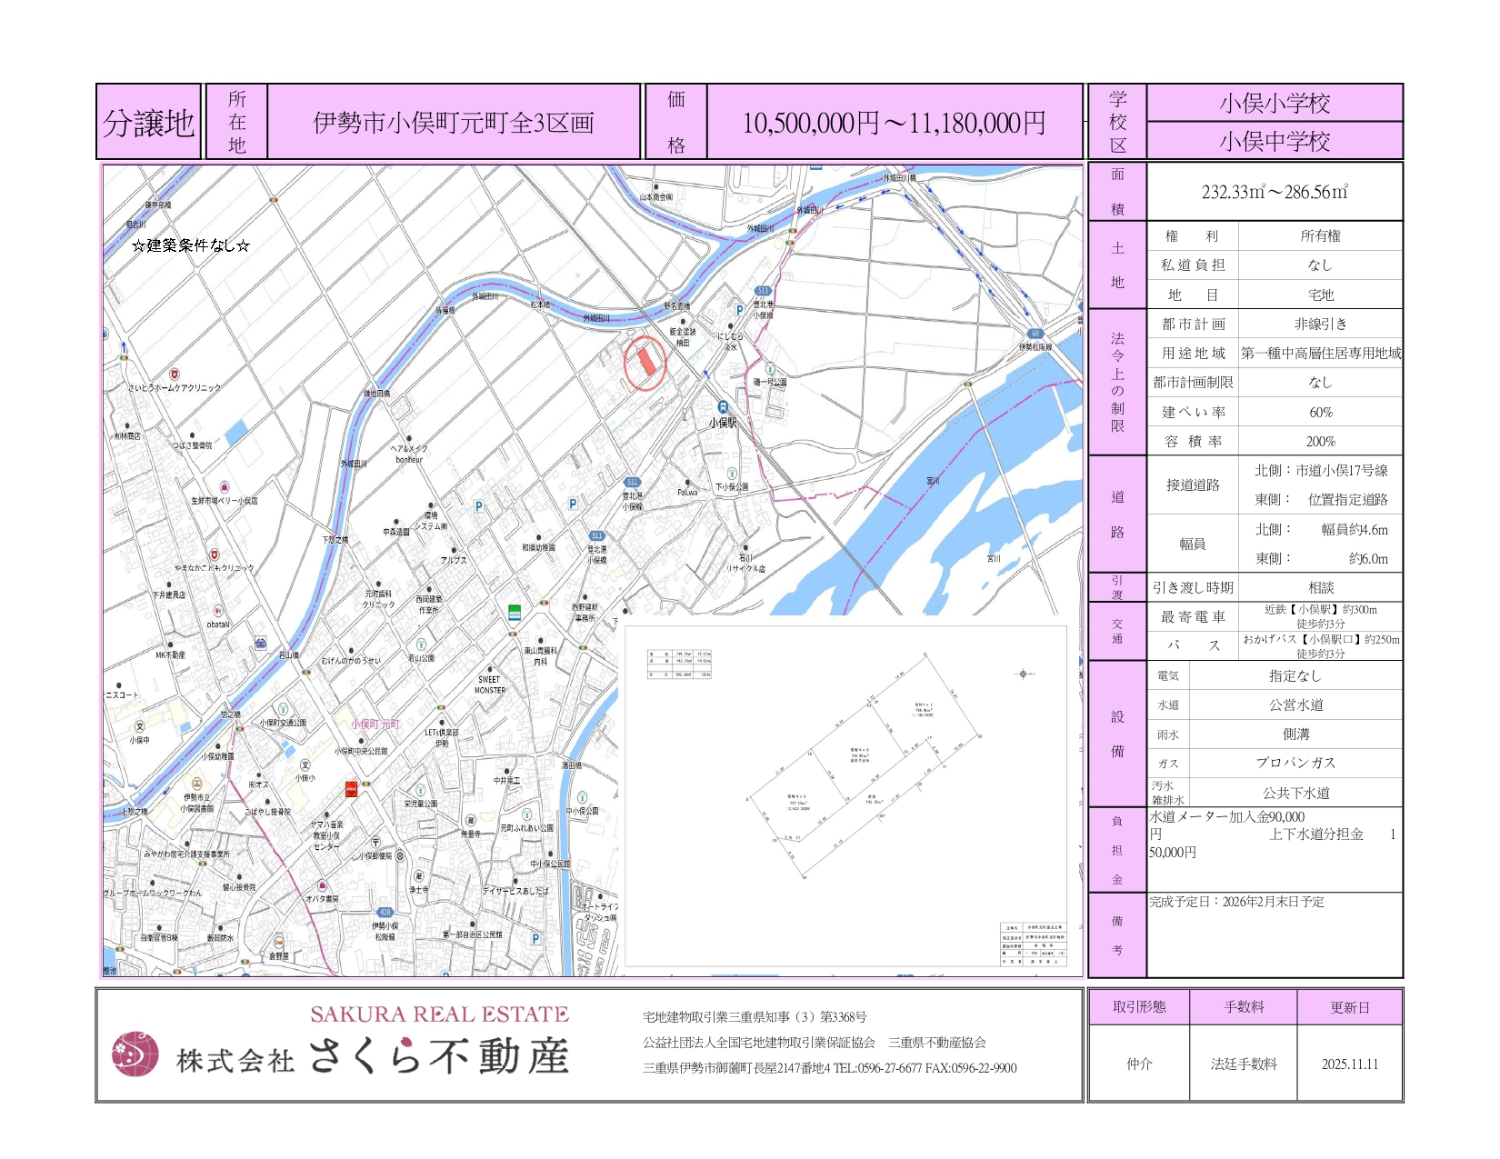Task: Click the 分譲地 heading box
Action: [x=148, y=123]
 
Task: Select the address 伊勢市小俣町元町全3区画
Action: [x=453, y=123]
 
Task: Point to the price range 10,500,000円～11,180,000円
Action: [x=894, y=123]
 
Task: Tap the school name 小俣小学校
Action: [x=1275, y=103]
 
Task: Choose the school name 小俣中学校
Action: [x=1275, y=142]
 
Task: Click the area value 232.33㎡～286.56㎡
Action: [x=1275, y=192]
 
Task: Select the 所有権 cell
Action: [x=1320, y=236]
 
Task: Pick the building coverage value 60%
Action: [x=1320, y=413]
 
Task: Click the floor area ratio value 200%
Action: [x=1320, y=442]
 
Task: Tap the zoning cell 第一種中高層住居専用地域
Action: [x=1320, y=354]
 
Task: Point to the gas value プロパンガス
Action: [x=1295, y=764]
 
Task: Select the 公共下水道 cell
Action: [x=1295, y=793]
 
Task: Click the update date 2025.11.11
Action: [x=1349, y=1064]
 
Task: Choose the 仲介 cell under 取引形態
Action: [x=1139, y=1064]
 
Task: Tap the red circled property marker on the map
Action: [x=645, y=361]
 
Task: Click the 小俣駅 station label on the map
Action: [x=723, y=423]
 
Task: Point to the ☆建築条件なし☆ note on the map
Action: [x=190, y=245]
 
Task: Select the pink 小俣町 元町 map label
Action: [x=375, y=724]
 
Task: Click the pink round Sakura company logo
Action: [x=135, y=1054]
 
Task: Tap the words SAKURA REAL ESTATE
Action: [x=439, y=1014]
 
